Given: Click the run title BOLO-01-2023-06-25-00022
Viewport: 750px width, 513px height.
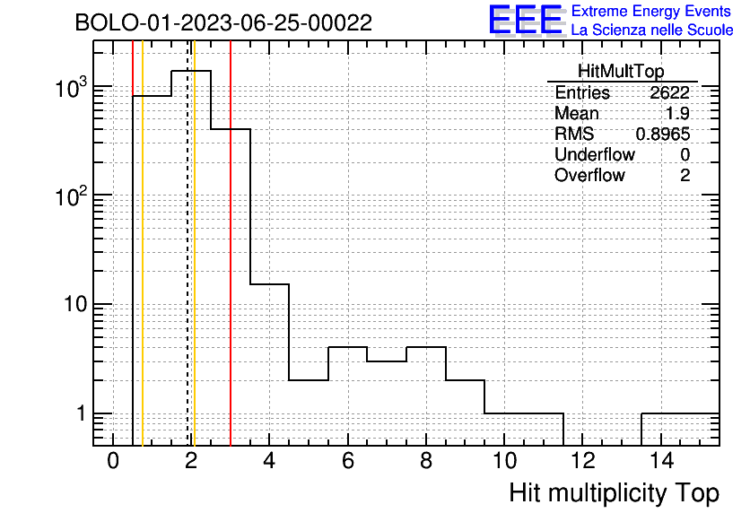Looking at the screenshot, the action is (x=223, y=22).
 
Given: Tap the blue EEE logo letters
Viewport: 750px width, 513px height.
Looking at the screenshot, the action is (x=526, y=20).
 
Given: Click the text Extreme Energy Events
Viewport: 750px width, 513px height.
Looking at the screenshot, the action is (x=651, y=11).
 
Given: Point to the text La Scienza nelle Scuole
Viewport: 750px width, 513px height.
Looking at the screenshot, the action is (x=652, y=30).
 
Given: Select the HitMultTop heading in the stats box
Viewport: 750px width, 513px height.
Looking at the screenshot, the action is (x=621, y=71).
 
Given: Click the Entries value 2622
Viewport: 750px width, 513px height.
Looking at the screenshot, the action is (x=669, y=92).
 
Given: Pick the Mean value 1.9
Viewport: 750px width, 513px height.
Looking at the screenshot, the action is (x=677, y=113).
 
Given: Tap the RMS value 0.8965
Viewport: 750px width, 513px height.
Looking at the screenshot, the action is (x=663, y=134).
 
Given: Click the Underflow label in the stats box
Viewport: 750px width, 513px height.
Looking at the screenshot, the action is (x=595, y=154).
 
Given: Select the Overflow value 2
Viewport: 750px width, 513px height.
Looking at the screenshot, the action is (x=685, y=175).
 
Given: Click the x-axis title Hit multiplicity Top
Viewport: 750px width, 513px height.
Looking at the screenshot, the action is (x=615, y=492).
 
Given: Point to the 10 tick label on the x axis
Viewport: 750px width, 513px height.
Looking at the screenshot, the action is (x=504, y=461).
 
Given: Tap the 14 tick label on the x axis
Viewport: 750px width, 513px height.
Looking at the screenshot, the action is (x=661, y=461).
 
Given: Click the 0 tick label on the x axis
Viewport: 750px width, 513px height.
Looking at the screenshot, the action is (x=113, y=461).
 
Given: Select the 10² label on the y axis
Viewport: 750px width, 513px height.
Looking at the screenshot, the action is (x=71, y=196).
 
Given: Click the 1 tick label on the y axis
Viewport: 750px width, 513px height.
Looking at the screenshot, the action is (x=81, y=413).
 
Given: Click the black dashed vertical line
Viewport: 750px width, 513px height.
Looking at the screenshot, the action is (x=187, y=243).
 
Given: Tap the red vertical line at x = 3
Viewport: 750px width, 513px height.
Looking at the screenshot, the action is (x=231, y=243).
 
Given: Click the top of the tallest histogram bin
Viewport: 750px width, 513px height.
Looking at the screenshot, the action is (x=191, y=71).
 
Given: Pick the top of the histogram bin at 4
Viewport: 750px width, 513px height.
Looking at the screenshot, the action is (x=270, y=284).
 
